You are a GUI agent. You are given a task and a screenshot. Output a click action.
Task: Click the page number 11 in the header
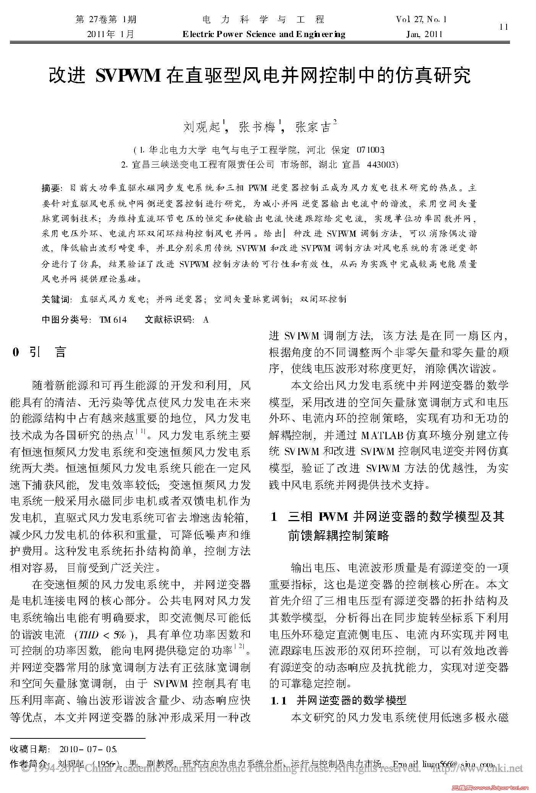click(504, 27)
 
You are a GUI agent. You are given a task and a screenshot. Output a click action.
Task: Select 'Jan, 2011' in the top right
click(424, 34)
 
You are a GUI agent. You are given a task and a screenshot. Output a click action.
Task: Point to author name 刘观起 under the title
click(202, 126)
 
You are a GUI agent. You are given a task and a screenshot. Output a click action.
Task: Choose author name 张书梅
click(257, 126)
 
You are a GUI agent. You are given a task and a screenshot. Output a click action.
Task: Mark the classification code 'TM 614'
click(113, 320)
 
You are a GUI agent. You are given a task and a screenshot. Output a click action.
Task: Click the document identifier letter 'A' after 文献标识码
click(206, 320)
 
